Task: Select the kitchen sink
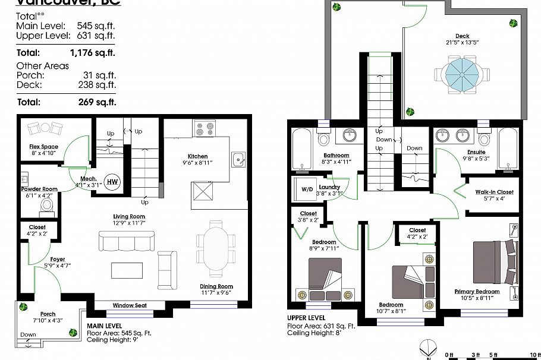pos(239,159)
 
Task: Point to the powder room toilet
pos(47,205)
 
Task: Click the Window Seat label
pos(129,305)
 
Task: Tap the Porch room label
pos(48,314)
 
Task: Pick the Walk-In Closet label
pos(493,192)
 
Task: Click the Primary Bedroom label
pos(477,291)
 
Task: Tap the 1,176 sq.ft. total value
pos(96,52)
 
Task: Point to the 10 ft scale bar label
pos(533,355)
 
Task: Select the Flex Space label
pos(44,146)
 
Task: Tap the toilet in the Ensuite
pos(484,138)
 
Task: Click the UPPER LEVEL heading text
pos(306,318)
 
